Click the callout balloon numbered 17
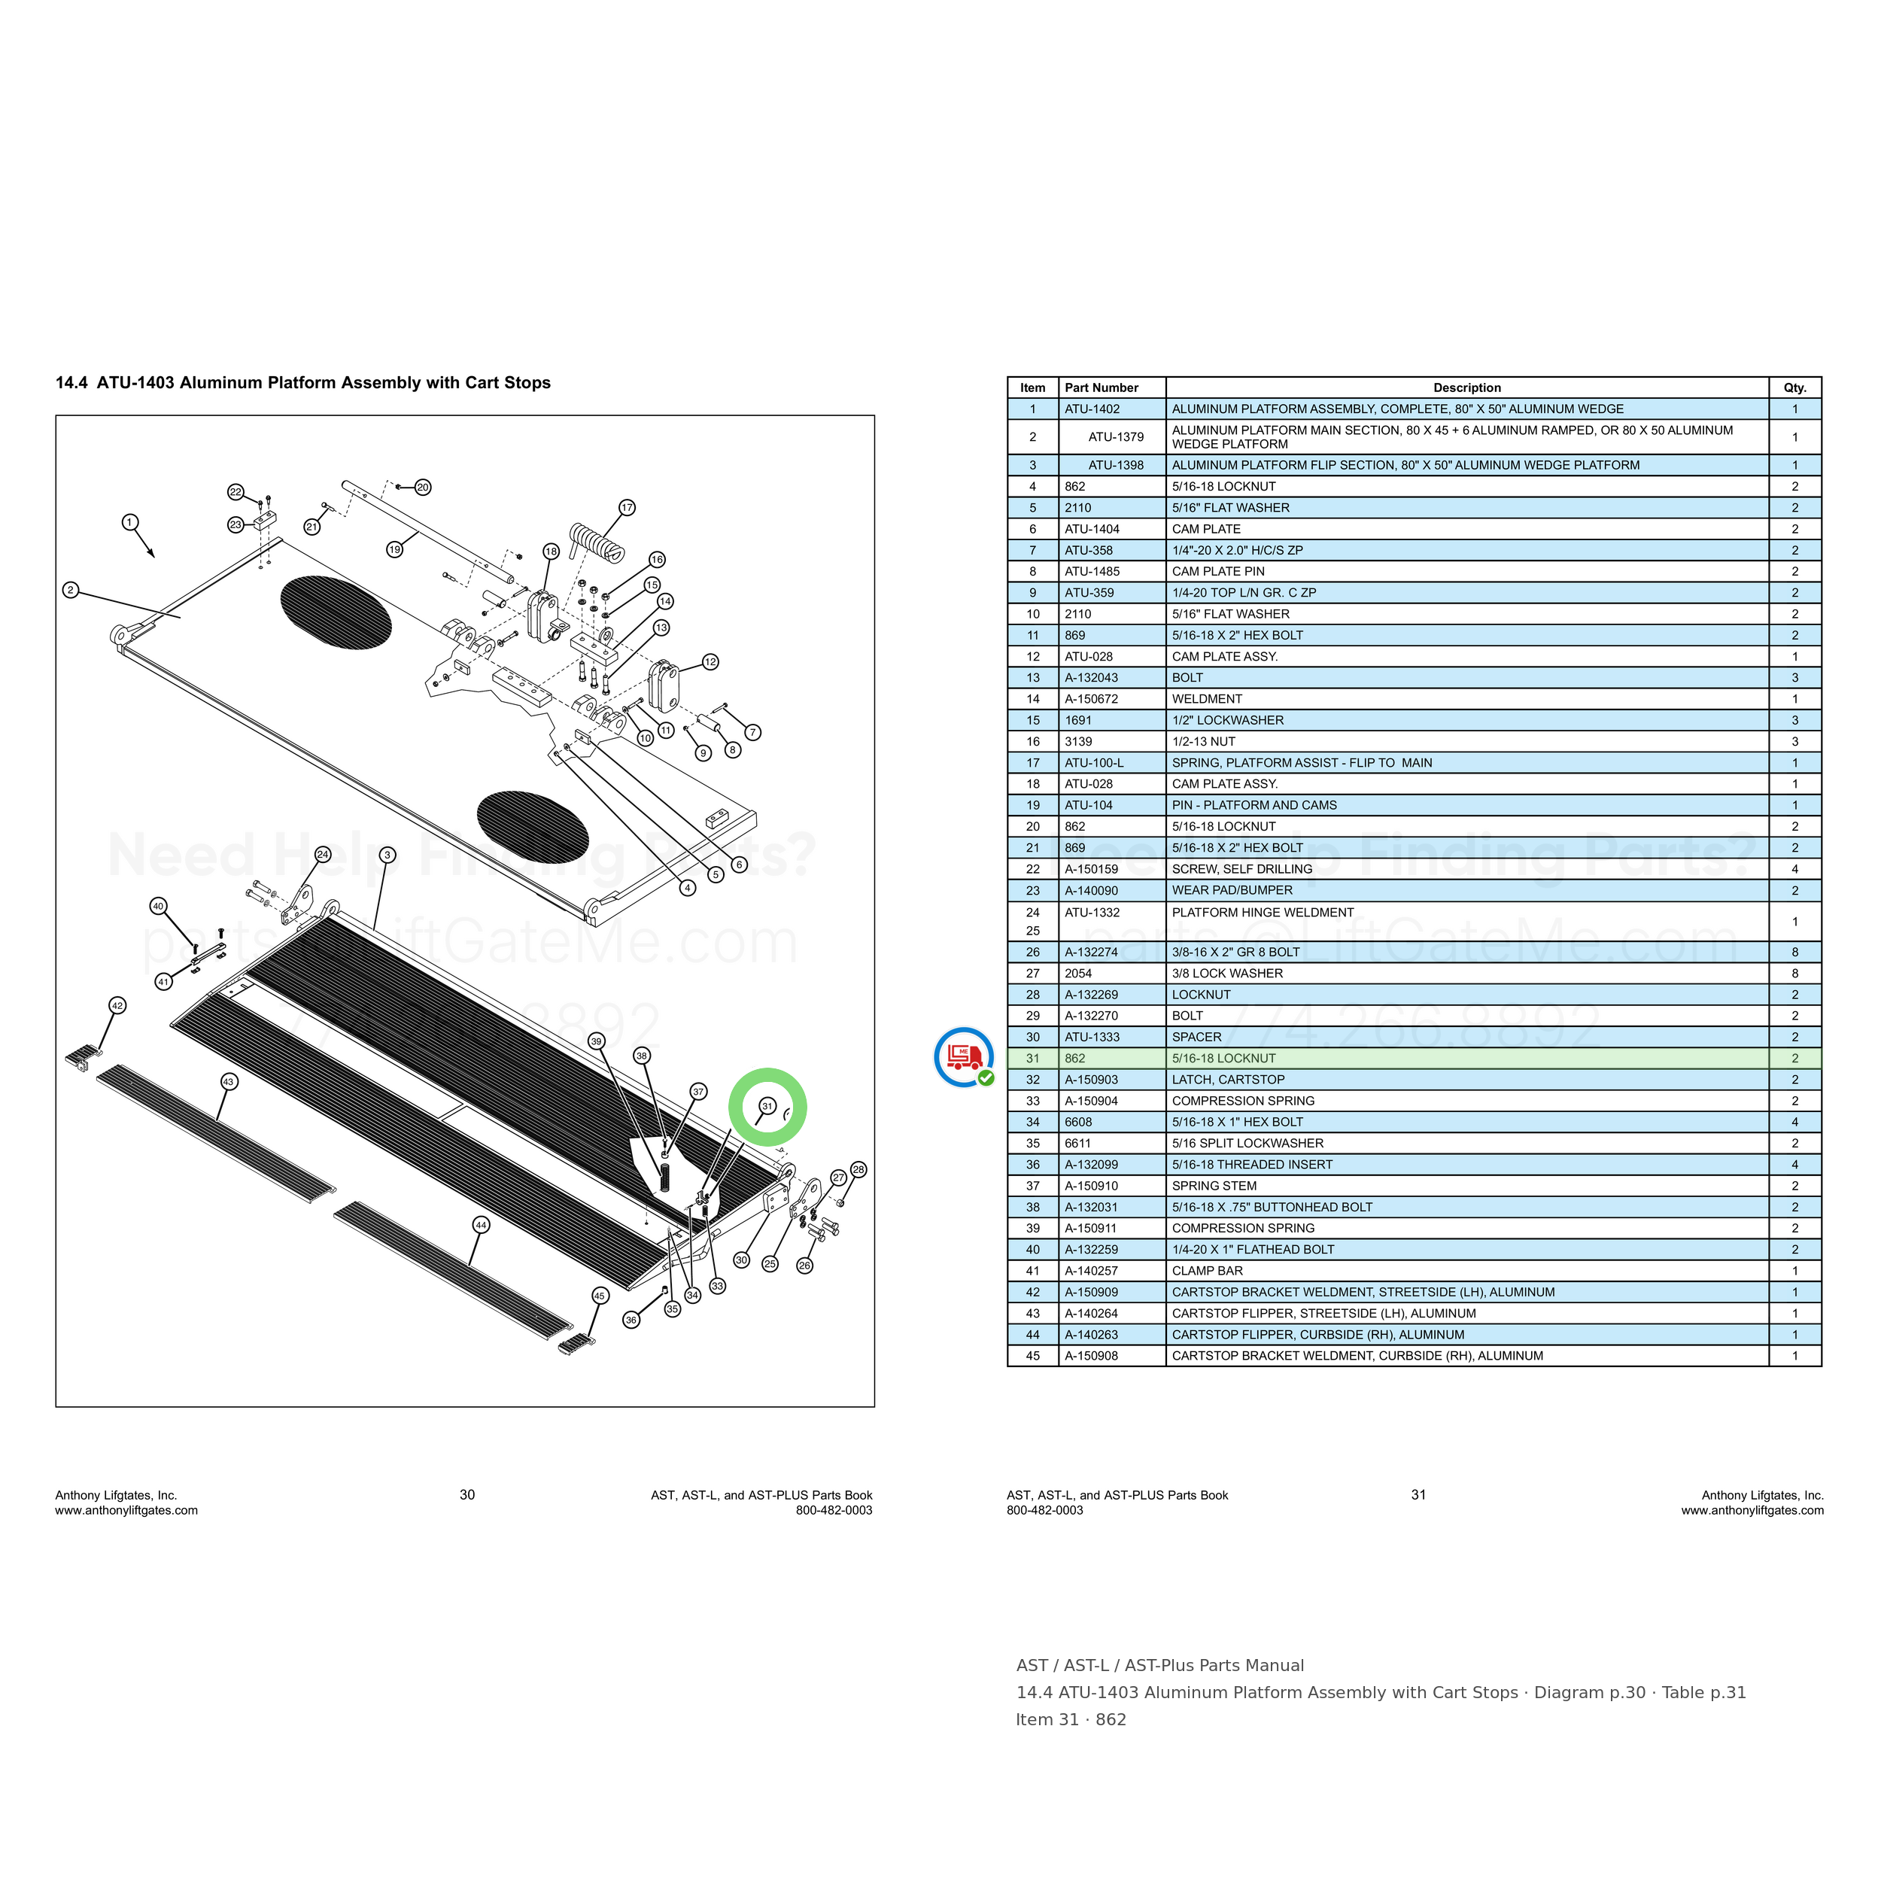(x=627, y=507)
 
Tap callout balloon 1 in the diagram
(x=130, y=522)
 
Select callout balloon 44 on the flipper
(x=481, y=1225)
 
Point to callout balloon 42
(x=117, y=1006)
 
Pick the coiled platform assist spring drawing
(x=597, y=542)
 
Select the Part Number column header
(x=1102, y=387)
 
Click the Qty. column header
(x=1794, y=387)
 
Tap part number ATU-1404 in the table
(x=1092, y=529)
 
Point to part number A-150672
(x=1092, y=699)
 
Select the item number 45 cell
(x=1033, y=1355)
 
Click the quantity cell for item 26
(x=1794, y=953)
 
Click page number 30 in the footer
(x=467, y=1494)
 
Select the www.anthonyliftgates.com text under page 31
(x=1752, y=1510)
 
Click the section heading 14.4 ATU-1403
(x=302, y=383)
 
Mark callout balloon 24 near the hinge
(x=322, y=855)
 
